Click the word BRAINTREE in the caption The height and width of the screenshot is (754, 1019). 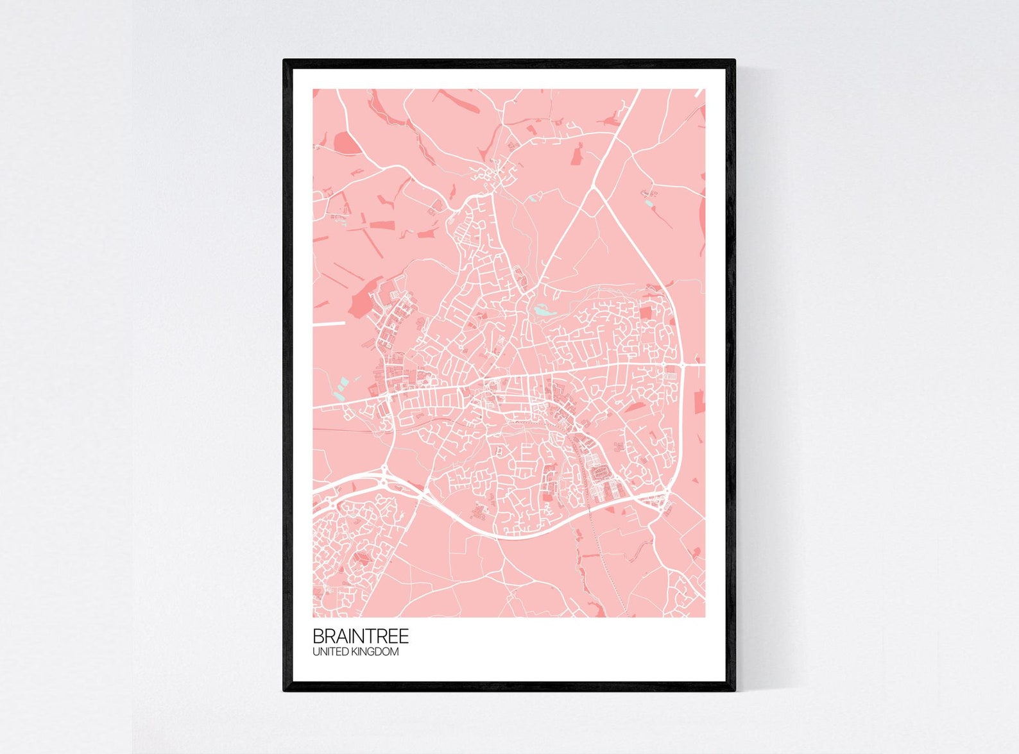[360, 637]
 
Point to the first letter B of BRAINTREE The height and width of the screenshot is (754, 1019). [318, 637]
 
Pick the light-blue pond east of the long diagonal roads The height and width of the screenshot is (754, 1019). [650, 203]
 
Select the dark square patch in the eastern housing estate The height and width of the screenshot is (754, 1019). [645, 314]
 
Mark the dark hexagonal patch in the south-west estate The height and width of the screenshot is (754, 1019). [361, 560]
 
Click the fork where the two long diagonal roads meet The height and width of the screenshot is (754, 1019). [594, 188]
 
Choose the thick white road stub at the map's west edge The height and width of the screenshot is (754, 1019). [329, 324]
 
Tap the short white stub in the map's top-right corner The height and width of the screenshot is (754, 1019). [701, 93]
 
